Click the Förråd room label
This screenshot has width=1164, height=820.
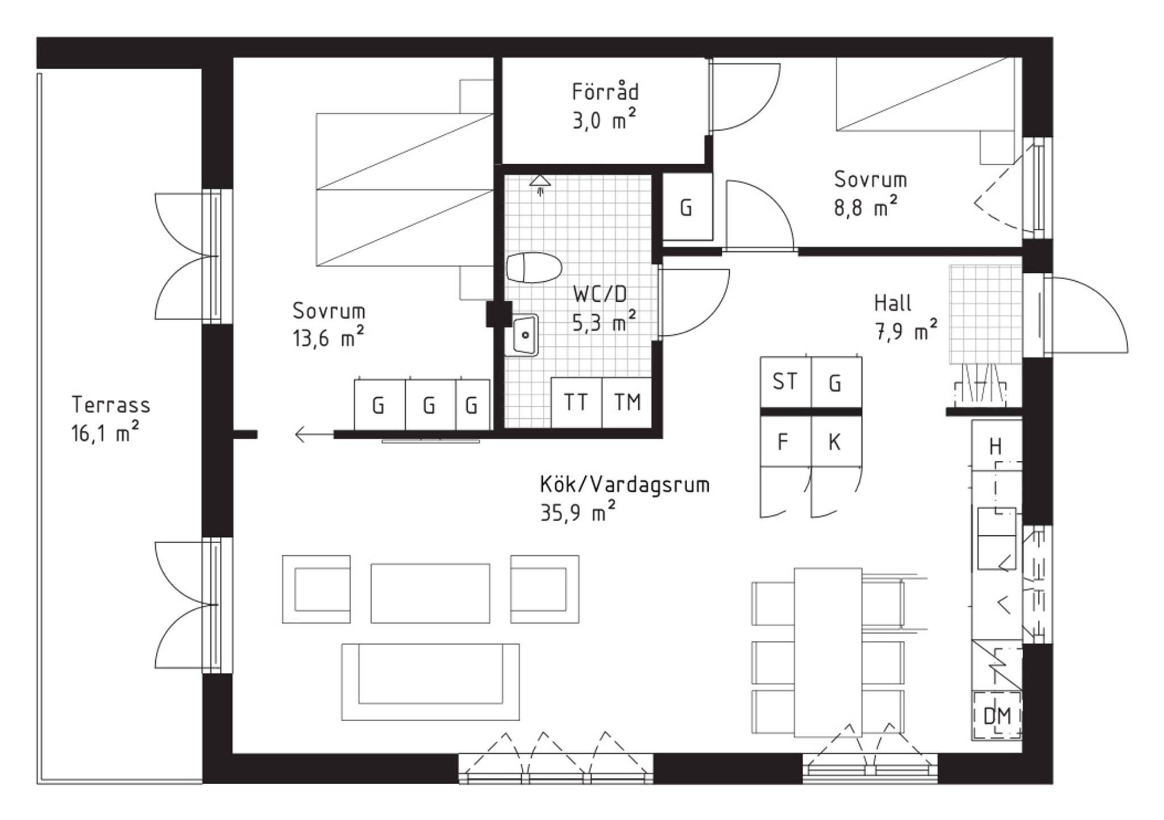click(605, 92)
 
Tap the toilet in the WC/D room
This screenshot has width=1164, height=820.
click(534, 267)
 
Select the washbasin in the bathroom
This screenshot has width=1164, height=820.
click(525, 335)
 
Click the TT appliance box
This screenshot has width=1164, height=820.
click(576, 402)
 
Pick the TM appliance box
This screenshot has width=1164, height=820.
click(627, 402)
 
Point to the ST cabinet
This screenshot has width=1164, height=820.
click(785, 382)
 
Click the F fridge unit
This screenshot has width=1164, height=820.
click(785, 442)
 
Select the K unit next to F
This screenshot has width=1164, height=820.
click(836, 442)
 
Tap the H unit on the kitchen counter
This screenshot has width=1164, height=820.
click(996, 446)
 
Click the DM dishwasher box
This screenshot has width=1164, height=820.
click(997, 715)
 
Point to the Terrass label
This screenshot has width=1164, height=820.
click(111, 405)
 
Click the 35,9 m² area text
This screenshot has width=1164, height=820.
click(578, 513)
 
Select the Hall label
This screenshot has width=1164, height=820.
click(893, 303)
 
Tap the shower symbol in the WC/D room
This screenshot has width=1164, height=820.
click(540, 184)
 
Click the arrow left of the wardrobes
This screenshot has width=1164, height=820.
click(314, 435)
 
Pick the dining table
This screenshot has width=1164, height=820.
click(828, 652)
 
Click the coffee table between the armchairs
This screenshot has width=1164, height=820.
click(430, 593)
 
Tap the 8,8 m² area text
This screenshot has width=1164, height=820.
click(866, 207)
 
